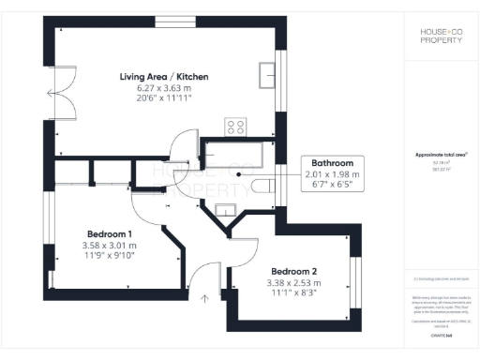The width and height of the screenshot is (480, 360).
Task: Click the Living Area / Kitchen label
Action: (163, 76)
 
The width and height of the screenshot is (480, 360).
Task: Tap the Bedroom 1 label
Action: (110, 233)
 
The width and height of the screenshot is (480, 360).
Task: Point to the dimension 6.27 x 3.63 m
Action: (163, 87)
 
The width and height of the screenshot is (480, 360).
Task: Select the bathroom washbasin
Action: (225, 208)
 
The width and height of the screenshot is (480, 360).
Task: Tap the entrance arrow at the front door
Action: (204, 301)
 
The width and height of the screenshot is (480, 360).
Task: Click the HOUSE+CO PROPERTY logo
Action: (439, 37)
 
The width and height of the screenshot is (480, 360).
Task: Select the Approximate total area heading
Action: (441, 155)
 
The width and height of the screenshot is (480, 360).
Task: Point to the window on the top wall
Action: (169, 22)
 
